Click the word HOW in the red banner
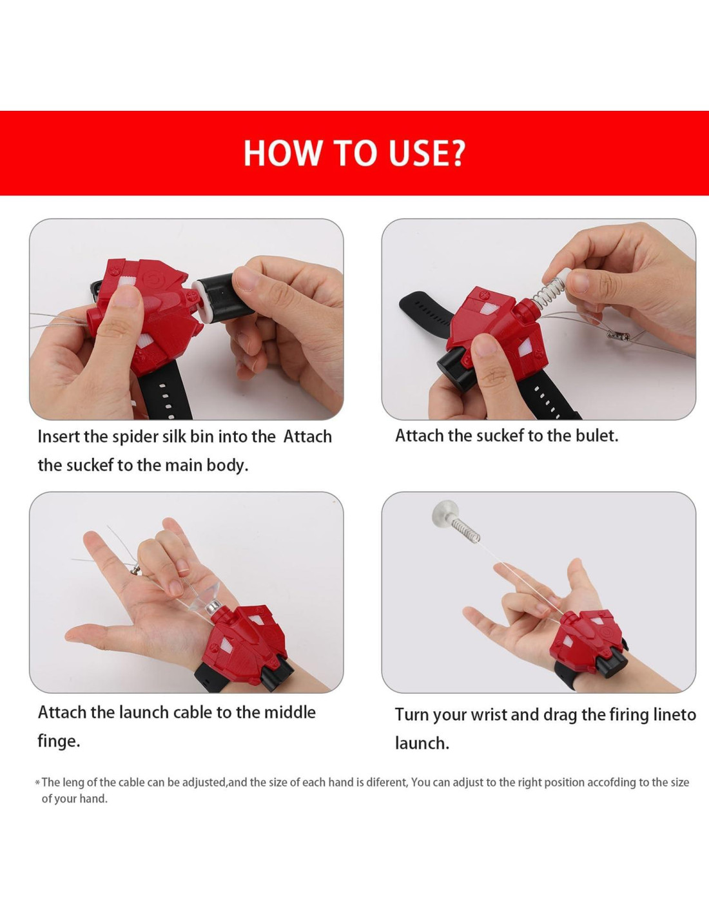point(282,153)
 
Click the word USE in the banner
point(416,153)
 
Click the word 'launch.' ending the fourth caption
point(422,743)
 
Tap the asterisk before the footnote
point(37,783)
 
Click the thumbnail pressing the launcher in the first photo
point(126,296)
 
